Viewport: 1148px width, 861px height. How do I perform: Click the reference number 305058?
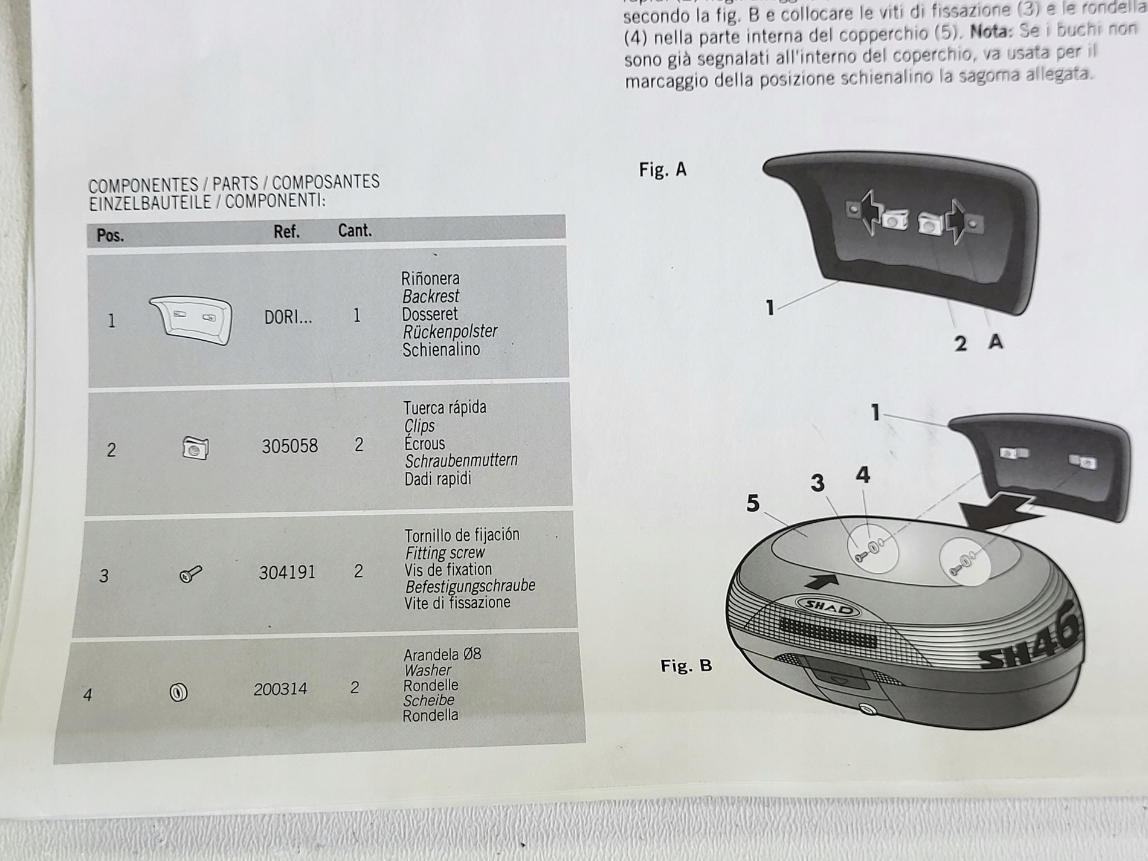(289, 446)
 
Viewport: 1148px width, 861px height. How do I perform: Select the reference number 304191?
(287, 572)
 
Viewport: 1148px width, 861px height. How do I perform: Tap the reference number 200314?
(280, 689)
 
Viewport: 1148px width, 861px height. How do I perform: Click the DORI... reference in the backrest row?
(288, 317)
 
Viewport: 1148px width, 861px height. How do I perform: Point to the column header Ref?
(286, 231)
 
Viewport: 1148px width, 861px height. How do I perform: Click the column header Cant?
(355, 230)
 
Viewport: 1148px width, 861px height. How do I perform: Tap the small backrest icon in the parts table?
(191, 320)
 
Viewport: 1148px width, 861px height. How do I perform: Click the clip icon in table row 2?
(195, 448)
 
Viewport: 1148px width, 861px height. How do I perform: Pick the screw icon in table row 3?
(191, 574)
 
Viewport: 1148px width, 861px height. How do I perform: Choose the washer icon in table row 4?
(179, 692)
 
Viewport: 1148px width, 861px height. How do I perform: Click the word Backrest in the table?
(430, 297)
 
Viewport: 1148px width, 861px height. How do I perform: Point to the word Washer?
(427, 670)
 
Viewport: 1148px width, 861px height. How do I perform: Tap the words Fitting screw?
(445, 552)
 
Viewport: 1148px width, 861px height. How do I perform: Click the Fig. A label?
(663, 170)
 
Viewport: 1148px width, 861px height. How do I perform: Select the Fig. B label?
(686, 666)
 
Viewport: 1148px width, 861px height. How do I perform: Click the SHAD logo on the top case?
(827, 608)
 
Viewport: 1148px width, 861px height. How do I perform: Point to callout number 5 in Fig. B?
(753, 503)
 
